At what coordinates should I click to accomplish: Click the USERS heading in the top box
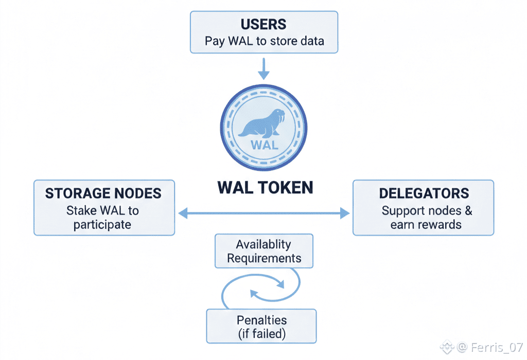(263, 24)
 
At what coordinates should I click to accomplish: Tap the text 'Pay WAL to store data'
(264, 41)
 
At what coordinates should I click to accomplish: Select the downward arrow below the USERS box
(264, 68)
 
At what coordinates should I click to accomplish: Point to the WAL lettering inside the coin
(265, 145)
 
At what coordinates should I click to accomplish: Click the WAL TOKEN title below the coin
(265, 187)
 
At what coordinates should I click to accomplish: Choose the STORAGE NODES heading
(103, 193)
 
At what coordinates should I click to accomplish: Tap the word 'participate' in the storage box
(102, 225)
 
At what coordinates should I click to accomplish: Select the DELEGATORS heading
(424, 193)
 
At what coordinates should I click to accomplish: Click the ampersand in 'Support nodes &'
(468, 210)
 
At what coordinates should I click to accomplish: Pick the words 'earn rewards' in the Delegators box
(426, 224)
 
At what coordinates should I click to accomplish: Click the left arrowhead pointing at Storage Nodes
(183, 213)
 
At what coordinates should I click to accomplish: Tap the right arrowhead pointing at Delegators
(345, 213)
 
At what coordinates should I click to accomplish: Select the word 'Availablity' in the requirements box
(263, 244)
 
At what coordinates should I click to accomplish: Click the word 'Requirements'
(264, 258)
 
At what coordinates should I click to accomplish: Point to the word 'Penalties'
(261, 320)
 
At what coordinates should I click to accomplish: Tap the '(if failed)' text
(262, 334)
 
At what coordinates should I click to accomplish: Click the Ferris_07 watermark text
(497, 347)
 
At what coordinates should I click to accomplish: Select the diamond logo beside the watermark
(447, 347)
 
